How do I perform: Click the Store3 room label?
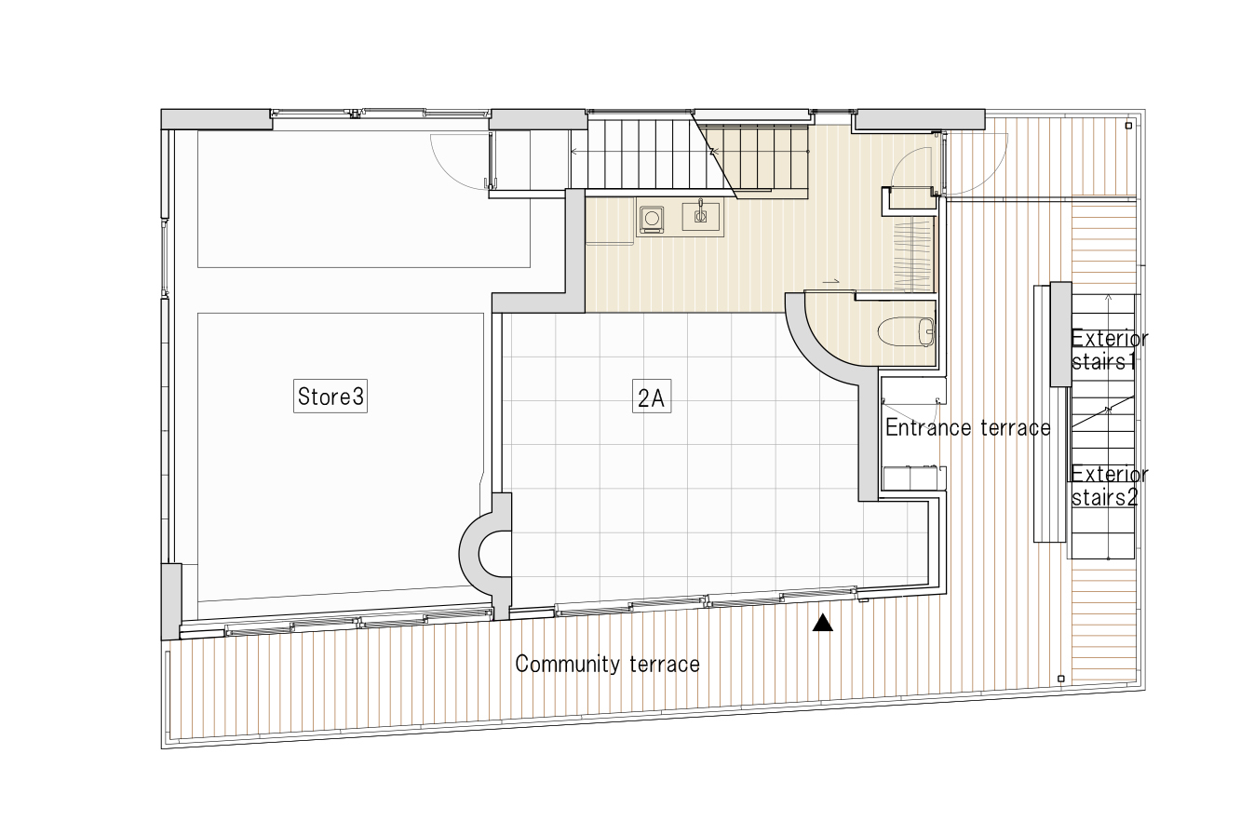(330, 397)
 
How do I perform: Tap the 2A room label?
(650, 398)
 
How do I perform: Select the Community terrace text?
(607, 664)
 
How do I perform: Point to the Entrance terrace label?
(967, 427)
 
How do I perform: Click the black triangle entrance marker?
(822, 624)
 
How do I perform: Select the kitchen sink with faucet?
(700, 216)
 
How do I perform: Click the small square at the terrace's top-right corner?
(1128, 125)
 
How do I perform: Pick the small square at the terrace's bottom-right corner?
(1061, 679)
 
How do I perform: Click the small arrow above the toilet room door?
(831, 280)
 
